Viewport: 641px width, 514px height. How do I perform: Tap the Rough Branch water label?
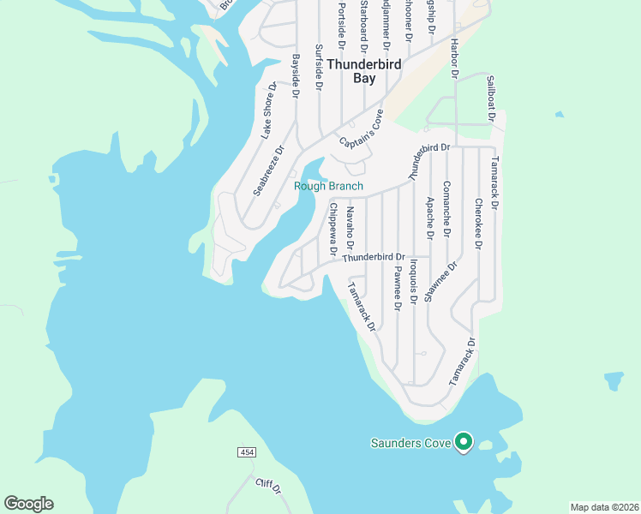click(328, 186)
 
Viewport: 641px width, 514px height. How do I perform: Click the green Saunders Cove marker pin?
click(464, 441)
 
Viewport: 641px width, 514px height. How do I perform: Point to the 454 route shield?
click(247, 452)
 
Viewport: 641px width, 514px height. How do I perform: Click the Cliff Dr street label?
click(268, 487)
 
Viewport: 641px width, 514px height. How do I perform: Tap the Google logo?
click(28, 504)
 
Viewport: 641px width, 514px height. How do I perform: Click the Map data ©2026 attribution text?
click(604, 506)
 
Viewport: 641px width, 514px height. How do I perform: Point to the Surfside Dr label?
click(319, 68)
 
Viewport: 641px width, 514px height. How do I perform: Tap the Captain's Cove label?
click(361, 130)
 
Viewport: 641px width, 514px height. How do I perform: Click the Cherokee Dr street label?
click(478, 224)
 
